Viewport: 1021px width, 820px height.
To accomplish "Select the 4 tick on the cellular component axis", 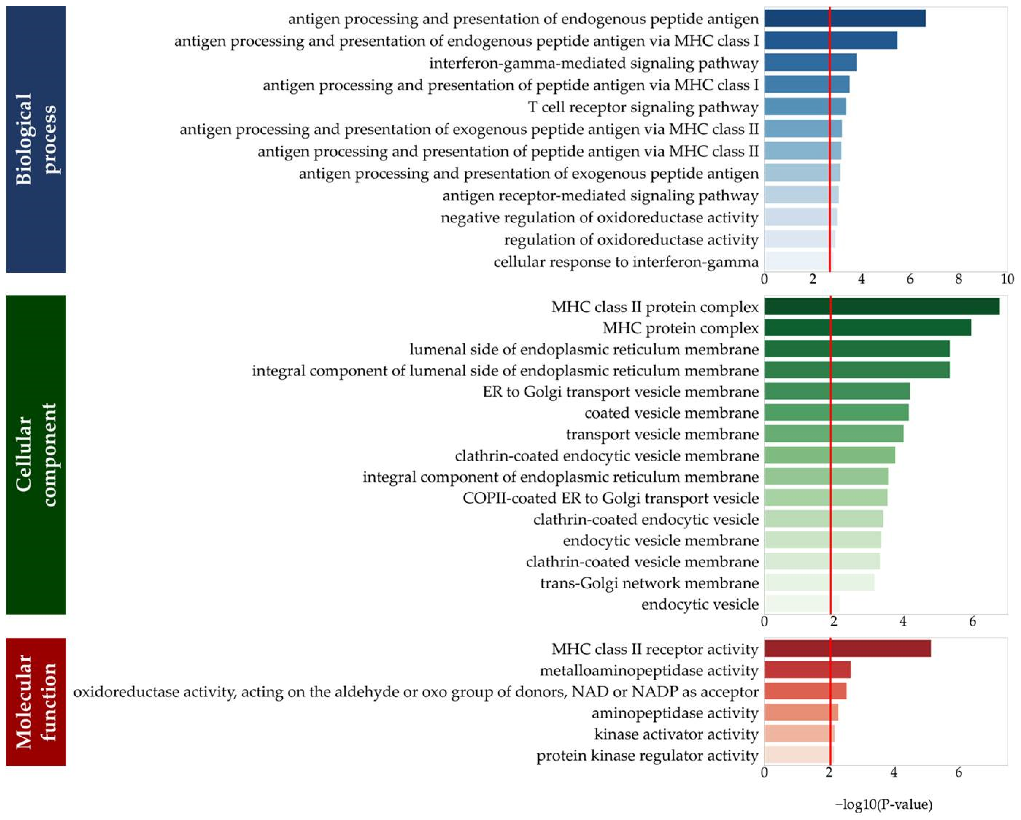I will pos(903,621).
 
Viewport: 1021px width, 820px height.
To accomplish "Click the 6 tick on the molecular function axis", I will pos(958,773).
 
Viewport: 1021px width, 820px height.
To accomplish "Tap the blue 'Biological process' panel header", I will pos(36,139).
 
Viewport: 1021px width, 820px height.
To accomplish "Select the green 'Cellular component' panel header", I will pos(36,455).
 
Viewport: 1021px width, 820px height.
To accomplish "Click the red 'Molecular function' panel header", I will pos(36,702).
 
